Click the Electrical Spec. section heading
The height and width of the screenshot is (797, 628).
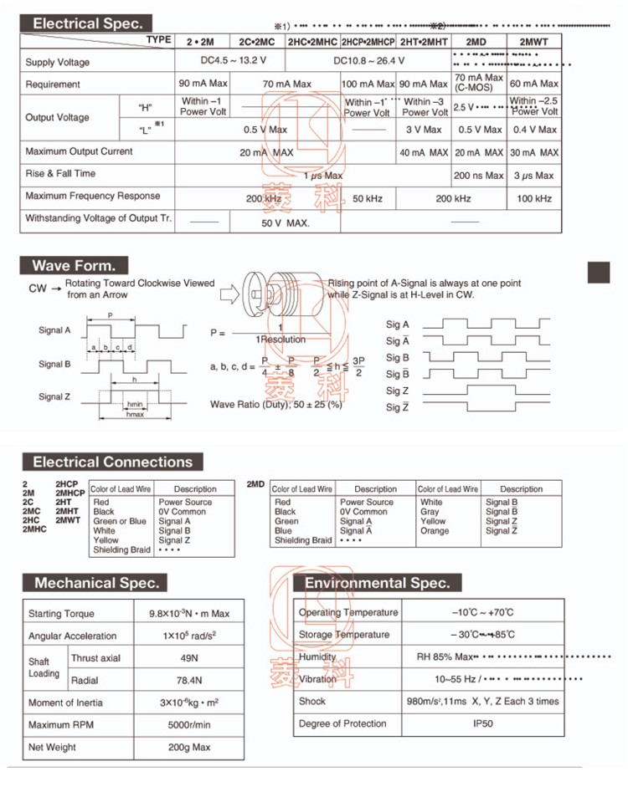tap(88, 23)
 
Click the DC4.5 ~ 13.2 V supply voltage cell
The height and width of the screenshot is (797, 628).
tap(221, 60)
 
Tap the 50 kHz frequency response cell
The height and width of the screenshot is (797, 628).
tap(368, 198)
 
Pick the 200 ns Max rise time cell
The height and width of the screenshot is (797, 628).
tap(478, 176)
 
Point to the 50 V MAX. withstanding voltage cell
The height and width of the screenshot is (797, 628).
tap(286, 222)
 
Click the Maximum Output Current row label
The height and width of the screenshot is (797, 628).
tap(79, 151)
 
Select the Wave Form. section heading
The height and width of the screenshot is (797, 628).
tap(75, 266)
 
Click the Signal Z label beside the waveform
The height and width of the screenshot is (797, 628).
tap(54, 396)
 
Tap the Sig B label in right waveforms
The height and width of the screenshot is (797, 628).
tap(397, 357)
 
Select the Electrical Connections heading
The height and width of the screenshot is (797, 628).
tap(112, 462)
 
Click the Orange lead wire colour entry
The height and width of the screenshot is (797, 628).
tap(435, 530)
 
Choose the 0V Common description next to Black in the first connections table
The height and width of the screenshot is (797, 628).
tap(182, 511)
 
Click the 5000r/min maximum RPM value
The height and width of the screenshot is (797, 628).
tap(188, 724)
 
